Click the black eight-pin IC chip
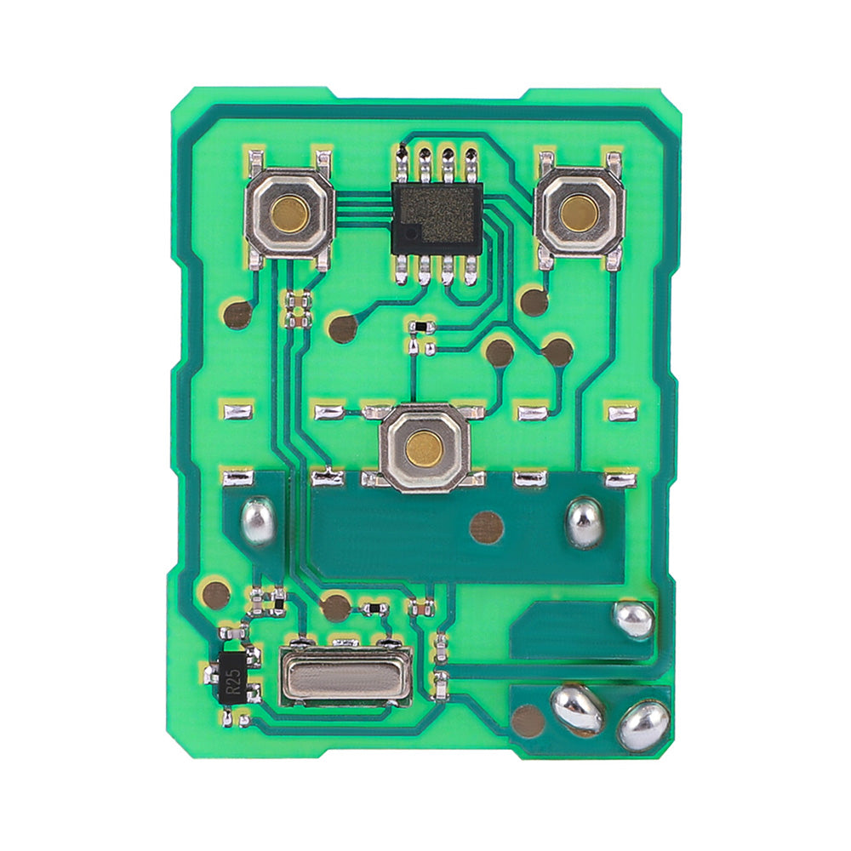coord(437,218)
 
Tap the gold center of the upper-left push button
coord(290,213)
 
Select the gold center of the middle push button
coord(424,447)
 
